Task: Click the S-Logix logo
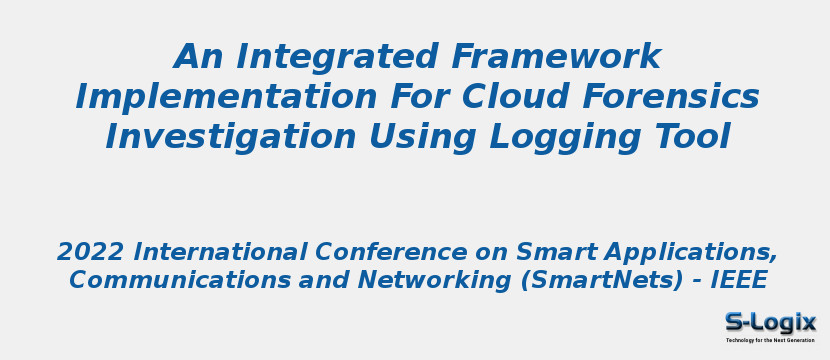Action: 770,322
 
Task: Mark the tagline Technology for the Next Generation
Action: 770,340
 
